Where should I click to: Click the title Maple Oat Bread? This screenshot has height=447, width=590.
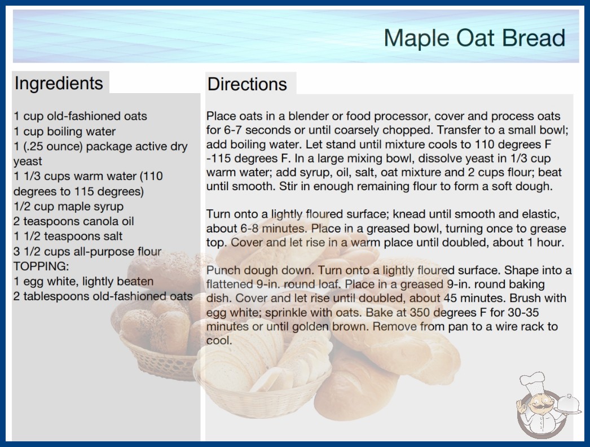coord(474,38)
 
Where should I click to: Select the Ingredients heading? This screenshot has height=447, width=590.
coord(59,84)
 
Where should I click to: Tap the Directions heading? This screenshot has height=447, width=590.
coord(247,84)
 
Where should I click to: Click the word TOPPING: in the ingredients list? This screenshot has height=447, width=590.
coord(41,266)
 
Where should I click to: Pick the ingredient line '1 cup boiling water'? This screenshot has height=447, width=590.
coord(65,132)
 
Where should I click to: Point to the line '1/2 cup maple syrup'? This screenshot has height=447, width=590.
coord(68,207)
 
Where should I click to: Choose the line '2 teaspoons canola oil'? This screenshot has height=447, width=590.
coord(74,221)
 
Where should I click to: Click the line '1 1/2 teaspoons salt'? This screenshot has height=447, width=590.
coord(68,236)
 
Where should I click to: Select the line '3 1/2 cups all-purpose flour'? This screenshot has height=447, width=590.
coord(87,251)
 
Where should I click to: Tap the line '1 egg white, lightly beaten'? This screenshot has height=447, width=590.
coord(83,281)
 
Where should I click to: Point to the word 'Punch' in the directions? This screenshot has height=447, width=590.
coord(222,270)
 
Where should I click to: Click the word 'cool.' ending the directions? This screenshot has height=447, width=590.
coord(219,340)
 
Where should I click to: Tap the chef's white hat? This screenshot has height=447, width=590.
coord(533,382)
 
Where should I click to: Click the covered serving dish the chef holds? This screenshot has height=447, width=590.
coord(568,404)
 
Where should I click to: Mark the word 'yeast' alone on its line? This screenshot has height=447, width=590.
coord(28,161)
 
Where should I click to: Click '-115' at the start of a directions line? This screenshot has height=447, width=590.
coord(218,158)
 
